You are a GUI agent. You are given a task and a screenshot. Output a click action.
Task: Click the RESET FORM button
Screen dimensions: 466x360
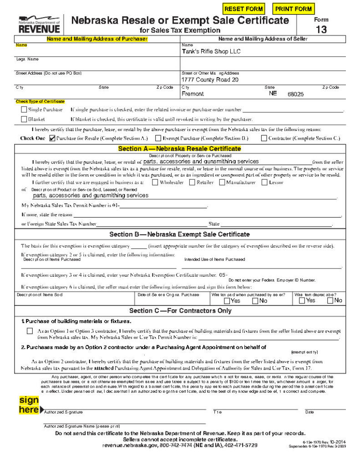point(244,9)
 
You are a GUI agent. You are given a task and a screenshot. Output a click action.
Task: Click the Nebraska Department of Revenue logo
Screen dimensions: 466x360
point(39,23)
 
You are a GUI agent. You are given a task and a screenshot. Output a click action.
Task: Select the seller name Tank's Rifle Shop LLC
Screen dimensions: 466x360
point(211,51)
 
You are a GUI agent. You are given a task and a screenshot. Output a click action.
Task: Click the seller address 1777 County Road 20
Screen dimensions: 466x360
point(210,80)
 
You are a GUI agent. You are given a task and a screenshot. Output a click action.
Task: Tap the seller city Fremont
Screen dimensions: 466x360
point(193,94)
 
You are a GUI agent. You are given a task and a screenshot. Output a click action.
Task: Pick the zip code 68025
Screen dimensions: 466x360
point(295,94)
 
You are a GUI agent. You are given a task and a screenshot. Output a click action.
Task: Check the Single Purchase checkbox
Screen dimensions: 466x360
point(24,110)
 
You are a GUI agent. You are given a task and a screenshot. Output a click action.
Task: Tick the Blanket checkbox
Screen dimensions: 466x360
point(24,119)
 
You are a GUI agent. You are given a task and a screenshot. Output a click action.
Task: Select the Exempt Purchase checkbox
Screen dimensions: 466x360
point(158,138)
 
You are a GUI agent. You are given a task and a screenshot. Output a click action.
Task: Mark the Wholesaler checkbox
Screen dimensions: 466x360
point(155,182)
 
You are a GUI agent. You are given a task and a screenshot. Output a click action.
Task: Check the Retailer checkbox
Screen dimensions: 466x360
point(192,182)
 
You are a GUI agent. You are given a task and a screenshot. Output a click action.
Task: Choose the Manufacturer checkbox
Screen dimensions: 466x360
point(222,182)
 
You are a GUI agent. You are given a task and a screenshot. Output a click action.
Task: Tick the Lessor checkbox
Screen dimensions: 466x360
point(265,182)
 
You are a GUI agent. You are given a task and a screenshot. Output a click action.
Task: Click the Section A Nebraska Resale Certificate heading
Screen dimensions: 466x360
point(179,149)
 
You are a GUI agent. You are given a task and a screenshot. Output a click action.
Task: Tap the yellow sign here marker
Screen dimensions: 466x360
point(30,405)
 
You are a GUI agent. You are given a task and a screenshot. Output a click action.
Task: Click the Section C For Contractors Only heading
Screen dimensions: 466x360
point(180,311)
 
